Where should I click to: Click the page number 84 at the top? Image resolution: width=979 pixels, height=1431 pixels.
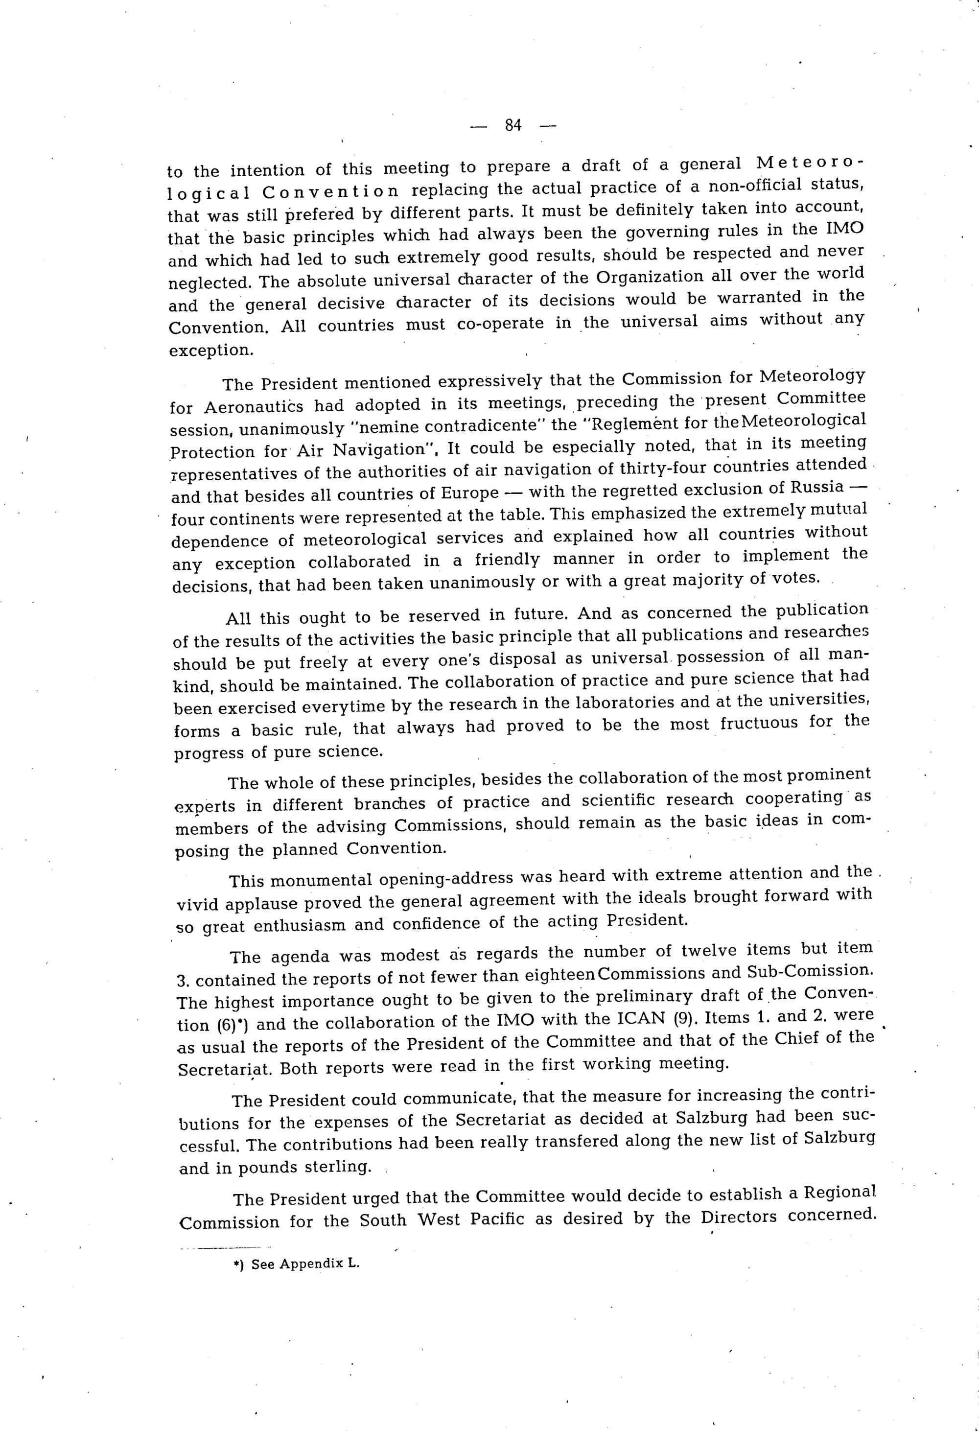point(513,126)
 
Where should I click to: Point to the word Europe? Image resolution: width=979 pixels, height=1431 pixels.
point(470,494)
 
